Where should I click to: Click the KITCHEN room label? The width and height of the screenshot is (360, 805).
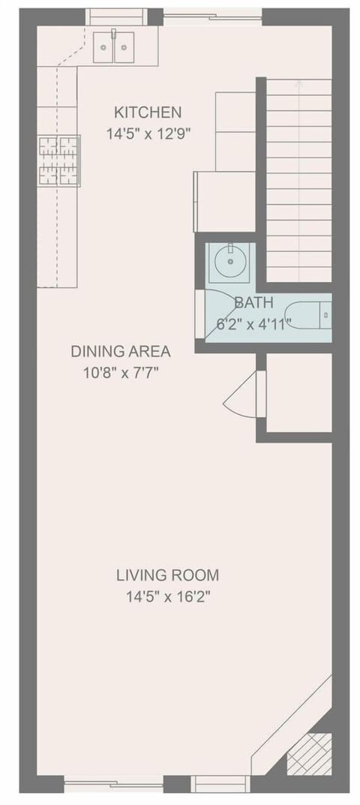coord(148,113)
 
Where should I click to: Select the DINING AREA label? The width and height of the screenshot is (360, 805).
coord(121,351)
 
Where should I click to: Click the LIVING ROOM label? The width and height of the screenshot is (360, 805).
coord(167,575)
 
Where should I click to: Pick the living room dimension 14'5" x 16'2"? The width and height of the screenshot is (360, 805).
coord(167,597)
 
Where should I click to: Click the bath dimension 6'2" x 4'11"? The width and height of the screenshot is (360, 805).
coord(253,324)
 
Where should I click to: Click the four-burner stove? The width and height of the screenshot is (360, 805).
coord(59,161)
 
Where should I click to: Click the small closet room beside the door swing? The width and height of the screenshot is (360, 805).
coord(298,393)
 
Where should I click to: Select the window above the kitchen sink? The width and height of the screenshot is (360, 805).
coord(116,16)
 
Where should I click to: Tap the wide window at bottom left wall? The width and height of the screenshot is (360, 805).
coord(113,785)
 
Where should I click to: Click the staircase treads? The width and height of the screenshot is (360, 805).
coord(298,180)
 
